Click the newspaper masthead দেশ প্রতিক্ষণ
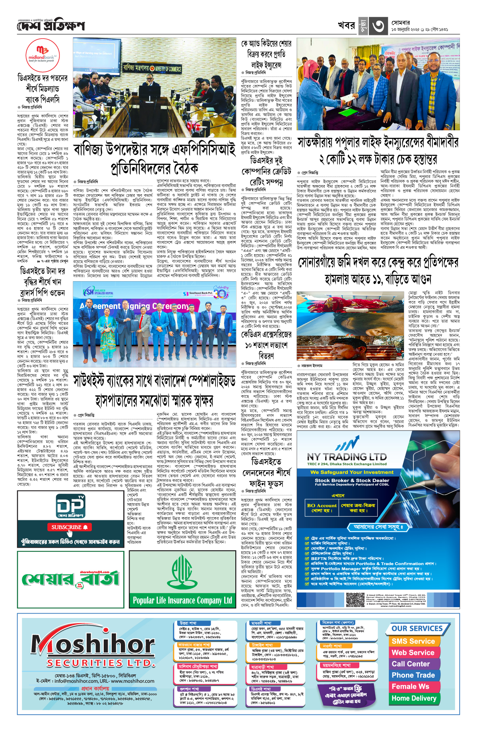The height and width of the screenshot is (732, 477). click(51, 26)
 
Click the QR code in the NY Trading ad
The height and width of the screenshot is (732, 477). click(355, 599)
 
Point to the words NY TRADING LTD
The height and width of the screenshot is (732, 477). click(347, 457)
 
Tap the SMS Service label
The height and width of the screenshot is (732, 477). click(413, 641)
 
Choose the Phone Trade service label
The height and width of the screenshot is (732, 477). click(413, 675)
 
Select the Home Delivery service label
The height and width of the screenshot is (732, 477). click(414, 698)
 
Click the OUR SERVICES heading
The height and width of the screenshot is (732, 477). click(417, 628)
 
